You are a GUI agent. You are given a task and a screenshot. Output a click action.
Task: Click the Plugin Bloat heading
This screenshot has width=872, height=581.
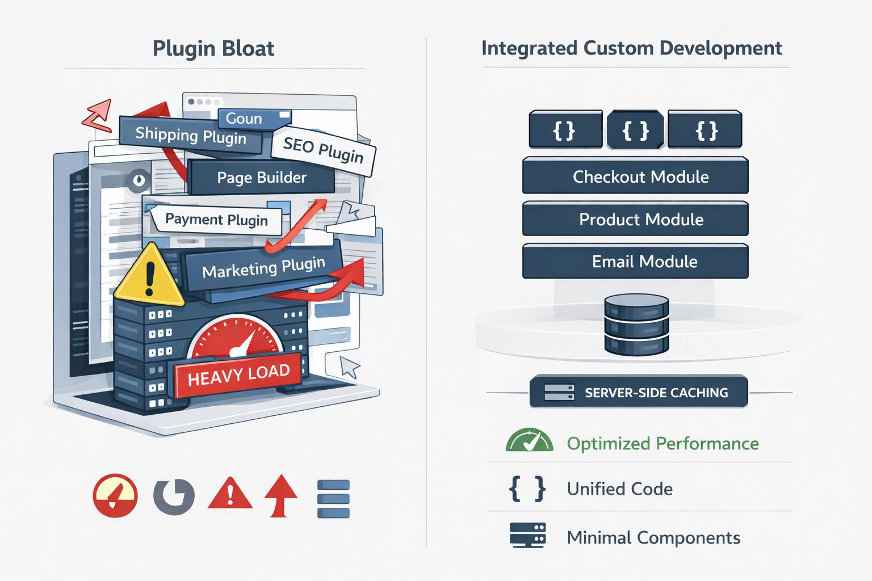[x=213, y=49]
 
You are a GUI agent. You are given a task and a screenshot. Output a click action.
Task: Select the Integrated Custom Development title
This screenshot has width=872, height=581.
[x=631, y=48]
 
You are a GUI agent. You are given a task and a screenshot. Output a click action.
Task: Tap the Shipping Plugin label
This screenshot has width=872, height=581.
[x=190, y=136]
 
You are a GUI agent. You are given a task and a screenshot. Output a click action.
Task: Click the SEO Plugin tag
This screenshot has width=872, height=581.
[x=323, y=150]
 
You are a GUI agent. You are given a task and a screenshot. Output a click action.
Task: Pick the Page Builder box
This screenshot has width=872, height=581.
[x=261, y=178]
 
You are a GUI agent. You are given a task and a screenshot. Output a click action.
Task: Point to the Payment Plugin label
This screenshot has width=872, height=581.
[x=216, y=220]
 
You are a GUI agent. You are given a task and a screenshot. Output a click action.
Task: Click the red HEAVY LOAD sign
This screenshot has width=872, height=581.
[x=238, y=374]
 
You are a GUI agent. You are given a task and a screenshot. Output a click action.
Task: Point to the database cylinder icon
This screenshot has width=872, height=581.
[x=636, y=324]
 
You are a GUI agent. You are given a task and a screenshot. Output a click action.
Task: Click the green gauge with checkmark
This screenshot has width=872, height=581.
[x=529, y=441]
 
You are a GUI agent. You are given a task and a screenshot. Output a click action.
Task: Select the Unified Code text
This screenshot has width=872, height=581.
[x=619, y=489]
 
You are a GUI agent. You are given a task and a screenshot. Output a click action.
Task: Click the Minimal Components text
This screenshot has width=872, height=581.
[x=653, y=537]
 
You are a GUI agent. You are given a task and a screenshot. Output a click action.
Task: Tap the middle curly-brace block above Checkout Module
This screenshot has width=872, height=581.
[x=635, y=130]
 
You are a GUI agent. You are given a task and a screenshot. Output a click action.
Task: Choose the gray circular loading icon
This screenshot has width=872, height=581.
[x=174, y=496]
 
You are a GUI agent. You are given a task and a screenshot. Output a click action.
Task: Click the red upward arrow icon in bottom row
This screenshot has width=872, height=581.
[x=280, y=496]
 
